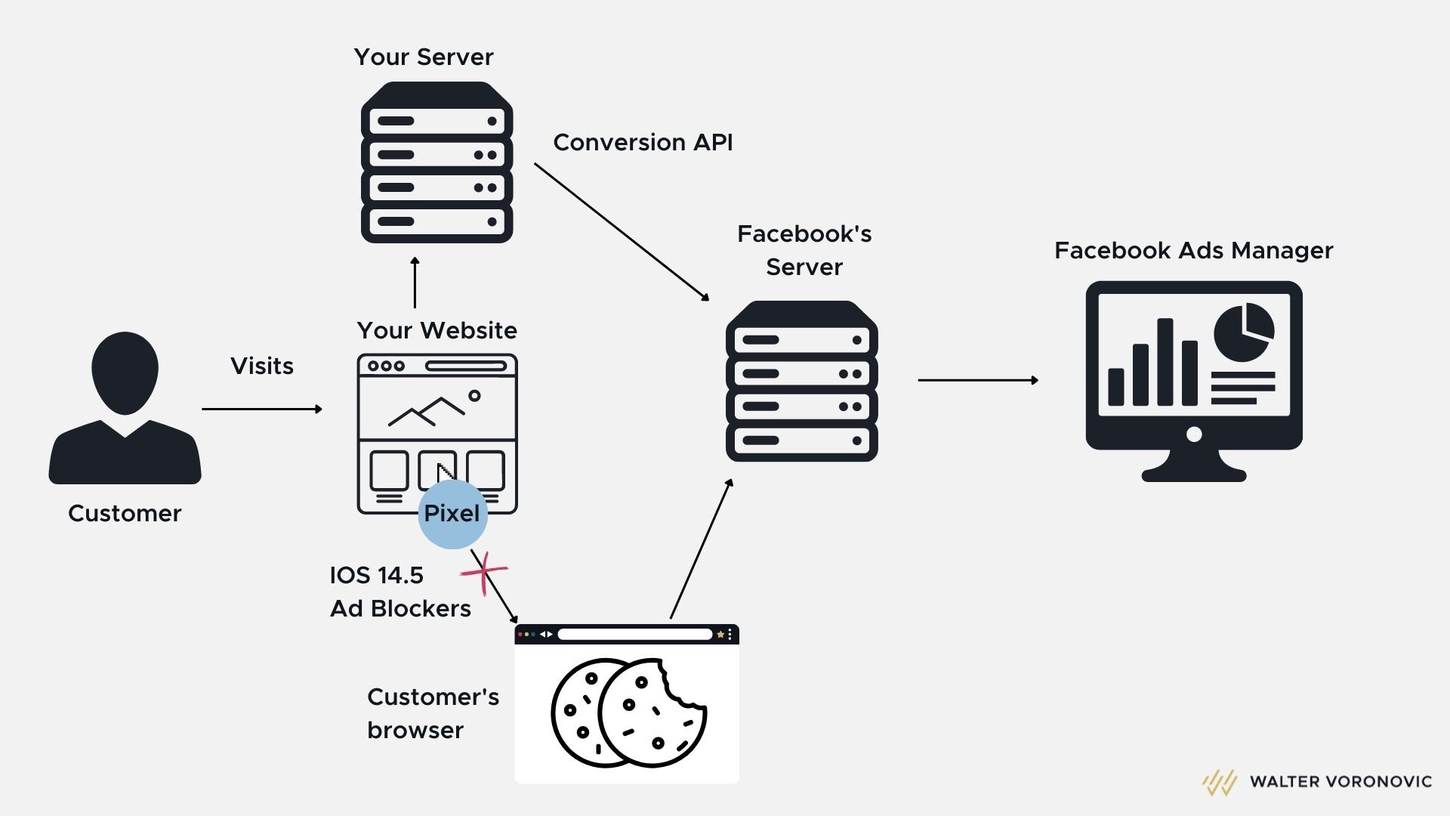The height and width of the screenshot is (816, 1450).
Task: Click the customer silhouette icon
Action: pos(125,408)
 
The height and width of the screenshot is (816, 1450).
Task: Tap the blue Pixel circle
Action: pos(452,514)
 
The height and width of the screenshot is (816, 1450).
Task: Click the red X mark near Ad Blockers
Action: pos(484,572)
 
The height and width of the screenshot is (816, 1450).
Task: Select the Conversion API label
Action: pos(643,142)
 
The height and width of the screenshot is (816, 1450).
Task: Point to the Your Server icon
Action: pos(437,162)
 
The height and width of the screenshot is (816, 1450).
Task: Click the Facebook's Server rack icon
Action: pos(801,382)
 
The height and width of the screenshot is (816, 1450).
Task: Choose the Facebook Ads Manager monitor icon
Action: pos(1193,378)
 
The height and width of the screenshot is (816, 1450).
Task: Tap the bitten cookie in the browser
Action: pos(653,712)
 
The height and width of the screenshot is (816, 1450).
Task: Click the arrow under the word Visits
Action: pos(261,409)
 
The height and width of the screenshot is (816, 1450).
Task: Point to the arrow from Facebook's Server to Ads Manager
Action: pos(977,380)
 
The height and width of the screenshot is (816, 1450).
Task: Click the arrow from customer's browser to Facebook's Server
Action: pos(701,549)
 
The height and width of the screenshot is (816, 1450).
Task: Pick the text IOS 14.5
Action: pos(376,575)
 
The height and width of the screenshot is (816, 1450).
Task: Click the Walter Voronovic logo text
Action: pos(1340,781)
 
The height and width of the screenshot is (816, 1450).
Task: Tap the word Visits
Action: pos(261,366)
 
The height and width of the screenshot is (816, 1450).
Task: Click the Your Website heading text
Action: pos(437,330)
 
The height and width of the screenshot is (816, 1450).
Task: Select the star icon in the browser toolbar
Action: pos(720,635)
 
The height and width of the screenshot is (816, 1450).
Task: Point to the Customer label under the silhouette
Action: pos(125,513)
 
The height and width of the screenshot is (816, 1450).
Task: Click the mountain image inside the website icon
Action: pos(427,411)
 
